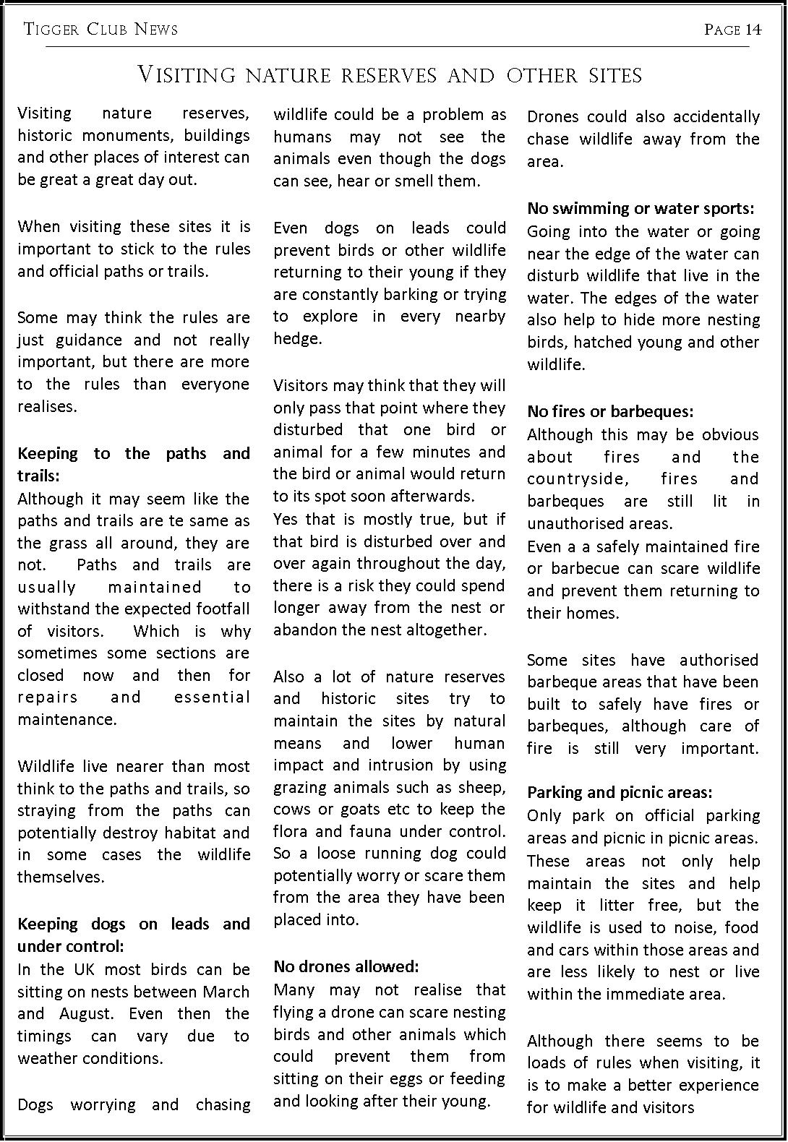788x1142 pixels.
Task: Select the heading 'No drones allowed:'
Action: (346, 966)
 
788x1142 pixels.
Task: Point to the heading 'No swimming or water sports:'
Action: (641, 208)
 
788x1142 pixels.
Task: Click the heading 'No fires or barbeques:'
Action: (610, 411)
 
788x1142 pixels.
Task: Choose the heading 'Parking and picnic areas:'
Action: (620, 792)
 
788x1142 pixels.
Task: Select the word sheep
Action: (482, 787)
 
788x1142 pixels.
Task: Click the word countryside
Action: (576, 478)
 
